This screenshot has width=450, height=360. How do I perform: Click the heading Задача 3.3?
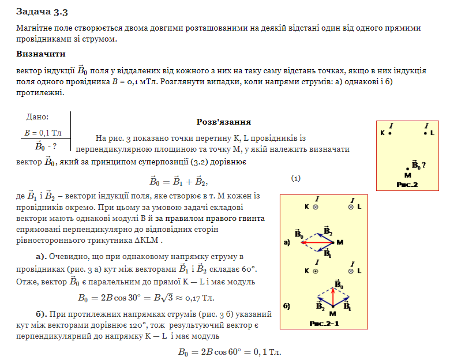coord(45,11)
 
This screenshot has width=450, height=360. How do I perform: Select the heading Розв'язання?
coord(223,122)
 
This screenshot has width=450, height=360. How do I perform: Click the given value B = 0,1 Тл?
coord(43,133)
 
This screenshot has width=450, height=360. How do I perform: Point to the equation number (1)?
coord(296,178)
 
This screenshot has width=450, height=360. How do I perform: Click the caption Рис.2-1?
coord(324,323)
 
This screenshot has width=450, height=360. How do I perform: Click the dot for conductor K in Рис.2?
coord(391,133)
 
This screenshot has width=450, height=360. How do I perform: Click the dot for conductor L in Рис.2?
coord(425,133)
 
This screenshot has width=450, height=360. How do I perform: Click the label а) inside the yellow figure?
coord(287,243)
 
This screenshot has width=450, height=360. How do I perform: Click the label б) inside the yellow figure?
coord(287,305)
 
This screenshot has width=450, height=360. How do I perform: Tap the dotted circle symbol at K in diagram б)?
coord(316,269)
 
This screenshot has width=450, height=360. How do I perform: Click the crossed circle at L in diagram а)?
coord(350,206)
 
